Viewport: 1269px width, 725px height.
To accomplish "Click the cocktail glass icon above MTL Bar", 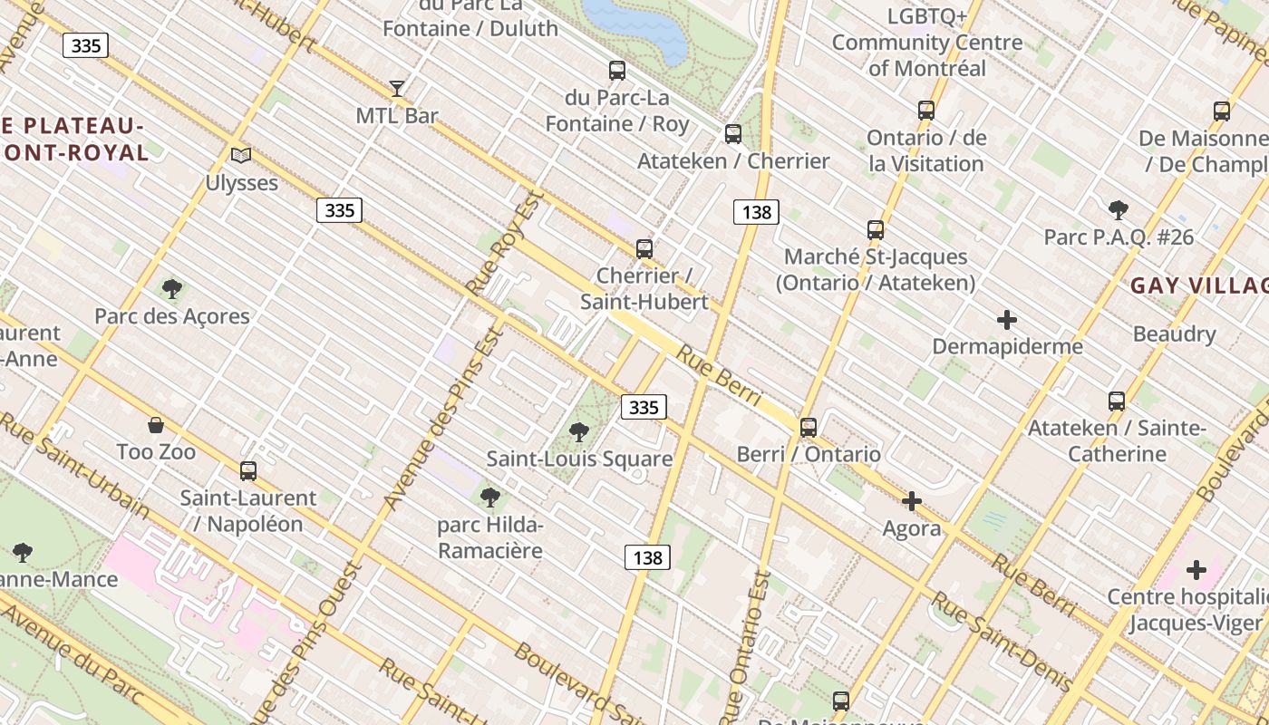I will pyautogui.click(x=397, y=89).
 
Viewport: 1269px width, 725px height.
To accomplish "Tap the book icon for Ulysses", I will pyautogui.click(x=240, y=156).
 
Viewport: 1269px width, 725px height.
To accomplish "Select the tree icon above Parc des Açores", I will pyautogui.click(x=171, y=290).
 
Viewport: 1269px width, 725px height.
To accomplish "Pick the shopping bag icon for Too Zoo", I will pyautogui.click(x=156, y=425).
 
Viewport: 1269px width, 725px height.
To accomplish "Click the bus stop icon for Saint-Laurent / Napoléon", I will pyautogui.click(x=247, y=471).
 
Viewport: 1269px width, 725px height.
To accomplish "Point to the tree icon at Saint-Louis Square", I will pyautogui.click(x=578, y=432).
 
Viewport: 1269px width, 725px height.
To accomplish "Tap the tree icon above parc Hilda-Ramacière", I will pyautogui.click(x=490, y=498).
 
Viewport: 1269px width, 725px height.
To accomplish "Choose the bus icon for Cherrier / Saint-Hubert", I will pyautogui.click(x=644, y=248).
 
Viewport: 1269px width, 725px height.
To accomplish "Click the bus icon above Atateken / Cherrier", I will pyautogui.click(x=732, y=134).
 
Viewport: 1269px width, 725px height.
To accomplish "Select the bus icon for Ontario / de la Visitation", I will pyautogui.click(x=925, y=111).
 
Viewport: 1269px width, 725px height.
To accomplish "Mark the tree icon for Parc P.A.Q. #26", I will pyautogui.click(x=1118, y=210).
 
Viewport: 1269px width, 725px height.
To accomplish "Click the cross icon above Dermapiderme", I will pyautogui.click(x=1006, y=320).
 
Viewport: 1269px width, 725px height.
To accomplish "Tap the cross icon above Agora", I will pyautogui.click(x=912, y=501).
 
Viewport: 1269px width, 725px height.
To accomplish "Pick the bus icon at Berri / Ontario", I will pyautogui.click(x=808, y=427).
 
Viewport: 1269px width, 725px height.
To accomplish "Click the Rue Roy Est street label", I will pyautogui.click(x=504, y=242).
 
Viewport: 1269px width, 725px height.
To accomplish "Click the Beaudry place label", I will pyautogui.click(x=1174, y=333).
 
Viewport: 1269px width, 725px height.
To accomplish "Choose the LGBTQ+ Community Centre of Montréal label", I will pyautogui.click(x=926, y=42).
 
